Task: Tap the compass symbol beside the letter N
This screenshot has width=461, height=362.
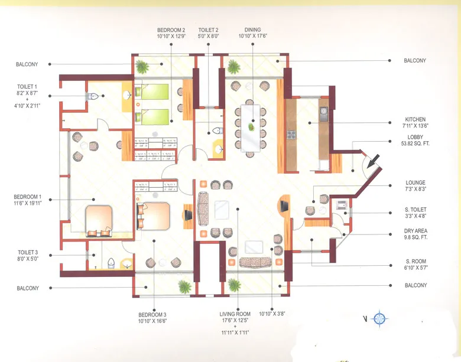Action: [379, 319]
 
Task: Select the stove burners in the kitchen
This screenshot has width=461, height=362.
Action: [291, 134]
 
